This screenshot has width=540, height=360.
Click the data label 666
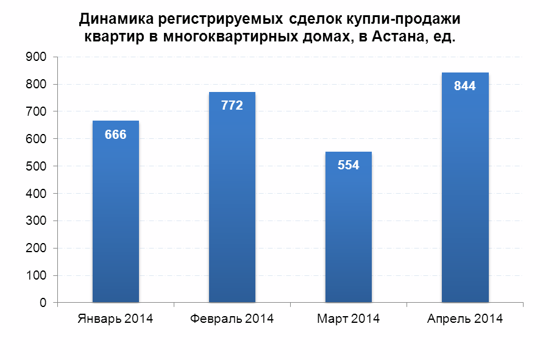tap(116, 135)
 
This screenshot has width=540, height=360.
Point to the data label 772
tap(232, 105)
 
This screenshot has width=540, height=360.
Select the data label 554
tap(348, 165)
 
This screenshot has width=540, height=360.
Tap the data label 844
tap(465, 86)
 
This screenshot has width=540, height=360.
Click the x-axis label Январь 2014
tap(116, 319)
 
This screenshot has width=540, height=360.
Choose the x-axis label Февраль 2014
tap(232, 319)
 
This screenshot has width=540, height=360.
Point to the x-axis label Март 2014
tap(348, 319)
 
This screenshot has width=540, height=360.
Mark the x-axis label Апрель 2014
tap(465, 319)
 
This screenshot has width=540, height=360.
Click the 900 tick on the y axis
tap(38, 57)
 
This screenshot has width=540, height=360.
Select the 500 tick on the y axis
tap(38, 166)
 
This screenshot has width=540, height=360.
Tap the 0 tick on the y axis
tap(44, 303)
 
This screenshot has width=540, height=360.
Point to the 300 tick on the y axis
tap(38, 221)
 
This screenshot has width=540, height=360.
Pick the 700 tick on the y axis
tap(38, 111)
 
